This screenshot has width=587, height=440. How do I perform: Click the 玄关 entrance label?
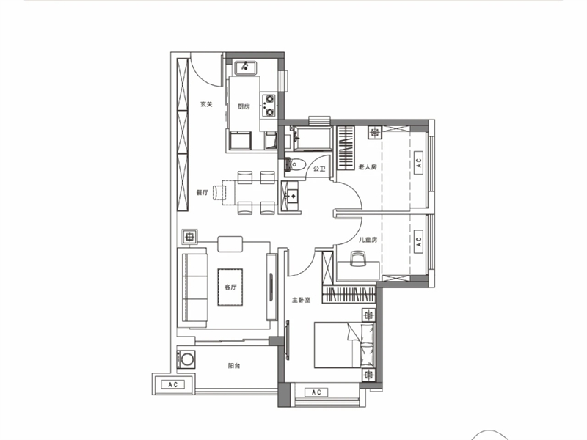point(206,104)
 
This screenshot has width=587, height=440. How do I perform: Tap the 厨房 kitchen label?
point(244,106)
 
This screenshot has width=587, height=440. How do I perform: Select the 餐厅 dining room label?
point(203,193)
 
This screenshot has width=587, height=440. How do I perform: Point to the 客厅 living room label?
point(230,287)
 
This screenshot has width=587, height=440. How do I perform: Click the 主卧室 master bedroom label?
point(301,300)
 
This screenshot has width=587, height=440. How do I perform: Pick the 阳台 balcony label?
point(234,366)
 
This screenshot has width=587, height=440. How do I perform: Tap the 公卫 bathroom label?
point(319,169)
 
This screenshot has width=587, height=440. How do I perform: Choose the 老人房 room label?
point(368,167)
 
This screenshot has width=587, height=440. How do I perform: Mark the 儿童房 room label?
point(368,240)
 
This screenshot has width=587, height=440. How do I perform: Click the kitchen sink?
point(246,67)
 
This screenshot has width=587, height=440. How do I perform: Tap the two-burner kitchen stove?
point(269,105)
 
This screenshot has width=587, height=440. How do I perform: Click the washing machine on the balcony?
point(186,359)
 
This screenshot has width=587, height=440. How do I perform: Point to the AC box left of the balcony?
point(172,384)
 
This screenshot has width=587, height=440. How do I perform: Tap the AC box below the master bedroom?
point(316,392)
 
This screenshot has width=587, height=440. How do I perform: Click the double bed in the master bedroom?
point(344,345)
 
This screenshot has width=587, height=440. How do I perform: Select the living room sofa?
point(194,287)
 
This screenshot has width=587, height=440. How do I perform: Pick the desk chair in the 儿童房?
point(357,259)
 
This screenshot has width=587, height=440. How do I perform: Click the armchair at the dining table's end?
point(219,193)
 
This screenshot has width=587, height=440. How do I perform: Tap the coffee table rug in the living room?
point(230,287)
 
